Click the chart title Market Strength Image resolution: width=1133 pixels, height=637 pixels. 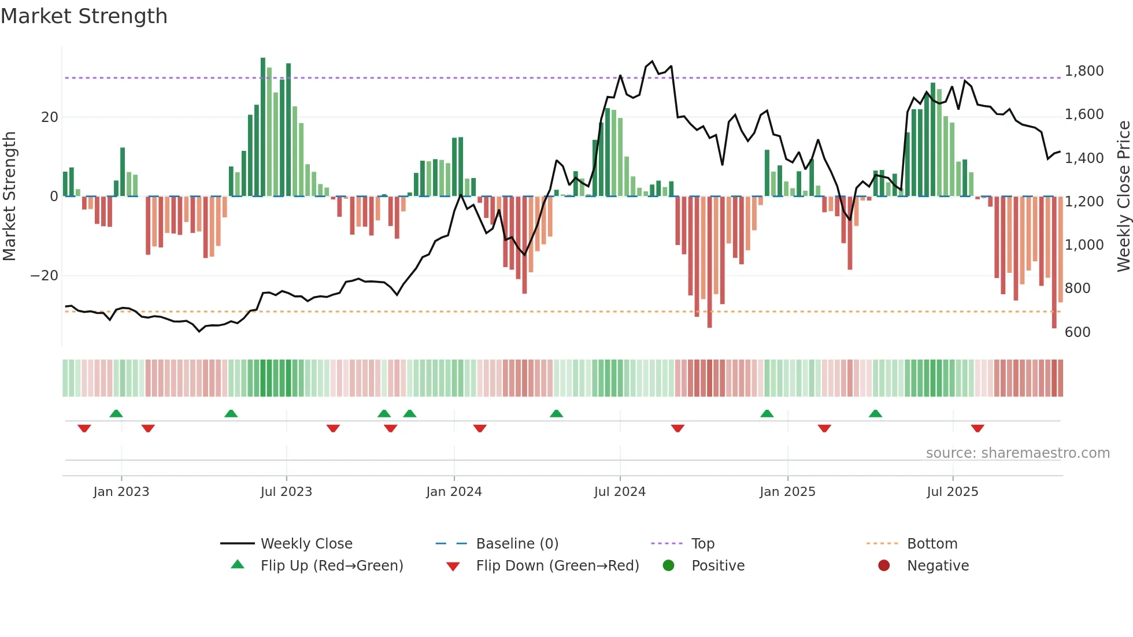(x=84, y=16)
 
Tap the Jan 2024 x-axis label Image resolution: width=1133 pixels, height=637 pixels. (x=454, y=492)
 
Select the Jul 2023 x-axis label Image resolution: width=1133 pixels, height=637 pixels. (x=286, y=492)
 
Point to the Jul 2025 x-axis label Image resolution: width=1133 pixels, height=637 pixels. (x=952, y=492)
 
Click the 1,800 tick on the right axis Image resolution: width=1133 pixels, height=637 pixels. (x=1084, y=71)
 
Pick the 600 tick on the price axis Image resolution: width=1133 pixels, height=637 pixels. (x=1078, y=332)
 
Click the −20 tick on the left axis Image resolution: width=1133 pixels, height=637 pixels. (x=45, y=276)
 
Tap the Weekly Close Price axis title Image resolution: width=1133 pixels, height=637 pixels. (x=1123, y=197)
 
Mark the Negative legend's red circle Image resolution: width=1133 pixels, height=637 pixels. (x=884, y=566)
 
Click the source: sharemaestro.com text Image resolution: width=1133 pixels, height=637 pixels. (x=1017, y=453)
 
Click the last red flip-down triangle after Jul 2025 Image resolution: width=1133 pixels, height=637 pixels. (x=978, y=428)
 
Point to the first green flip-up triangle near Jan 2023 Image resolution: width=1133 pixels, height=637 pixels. (x=116, y=413)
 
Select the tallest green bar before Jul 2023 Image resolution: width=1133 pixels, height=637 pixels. (x=263, y=127)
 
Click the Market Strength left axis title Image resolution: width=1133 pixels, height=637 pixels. (x=10, y=197)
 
